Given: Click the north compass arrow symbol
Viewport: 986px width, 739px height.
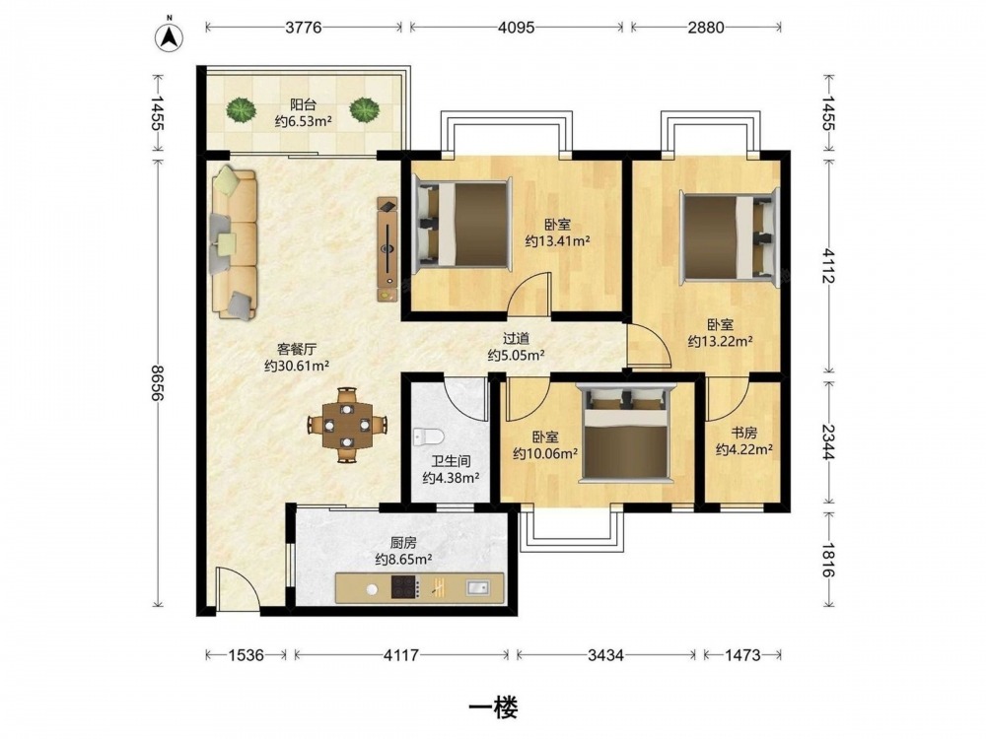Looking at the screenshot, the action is (x=170, y=36).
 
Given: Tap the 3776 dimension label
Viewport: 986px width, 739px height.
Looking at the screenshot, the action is (x=303, y=27).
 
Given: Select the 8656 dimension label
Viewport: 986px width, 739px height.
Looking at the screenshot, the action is (x=157, y=383).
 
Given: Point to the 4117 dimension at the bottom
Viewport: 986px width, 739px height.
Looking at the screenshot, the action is (x=401, y=655).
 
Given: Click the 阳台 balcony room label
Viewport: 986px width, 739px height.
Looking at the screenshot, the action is (x=303, y=105).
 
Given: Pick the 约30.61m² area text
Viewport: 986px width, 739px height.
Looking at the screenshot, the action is (x=297, y=366).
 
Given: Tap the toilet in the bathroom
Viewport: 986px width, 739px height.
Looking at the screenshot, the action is (x=429, y=436).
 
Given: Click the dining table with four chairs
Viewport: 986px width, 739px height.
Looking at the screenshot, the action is (x=347, y=426).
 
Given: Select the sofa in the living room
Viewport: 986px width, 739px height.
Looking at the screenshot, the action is (x=234, y=242).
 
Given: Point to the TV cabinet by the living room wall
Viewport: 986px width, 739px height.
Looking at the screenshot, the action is (x=387, y=249).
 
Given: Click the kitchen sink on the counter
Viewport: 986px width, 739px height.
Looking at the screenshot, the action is (x=477, y=587).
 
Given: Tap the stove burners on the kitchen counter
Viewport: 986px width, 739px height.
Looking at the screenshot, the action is (x=405, y=587).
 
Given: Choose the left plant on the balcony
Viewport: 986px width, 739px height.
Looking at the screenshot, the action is (x=242, y=110).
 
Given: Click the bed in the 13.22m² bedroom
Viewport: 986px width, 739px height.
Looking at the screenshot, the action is (x=730, y=237).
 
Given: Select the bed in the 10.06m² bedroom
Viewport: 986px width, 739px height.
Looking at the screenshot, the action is (x=626, y=434).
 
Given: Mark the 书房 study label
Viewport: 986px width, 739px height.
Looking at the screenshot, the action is (x=743, y=433).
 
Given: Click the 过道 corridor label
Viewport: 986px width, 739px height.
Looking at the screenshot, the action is (x=516, y=339).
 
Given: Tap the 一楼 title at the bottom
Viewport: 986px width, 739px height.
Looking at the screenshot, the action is (x=494, y=708).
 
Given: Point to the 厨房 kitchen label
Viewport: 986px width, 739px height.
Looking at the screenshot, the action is (x=403, y=543).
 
